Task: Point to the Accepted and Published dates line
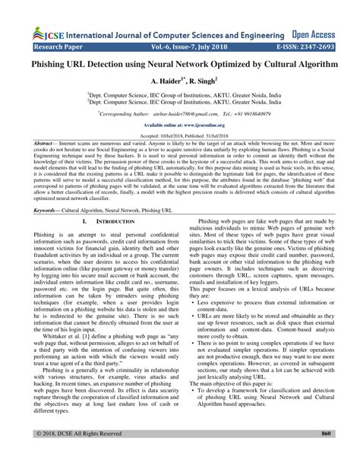(180, 135)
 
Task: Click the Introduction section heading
(99, 220)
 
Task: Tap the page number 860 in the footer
(326, 454)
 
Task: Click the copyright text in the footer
(71, 454)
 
